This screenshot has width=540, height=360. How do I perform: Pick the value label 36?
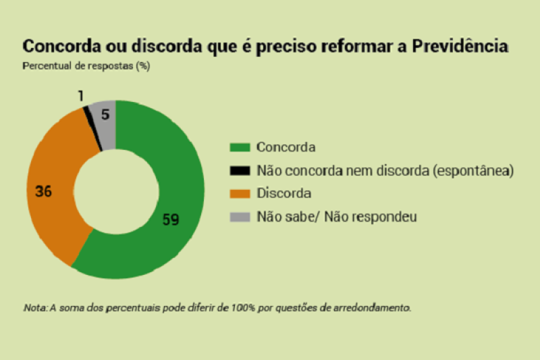[x=44, y=191]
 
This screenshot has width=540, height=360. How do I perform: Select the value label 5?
[x=105, y=115]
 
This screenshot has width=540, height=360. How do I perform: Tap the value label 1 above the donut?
[x=80, y=96]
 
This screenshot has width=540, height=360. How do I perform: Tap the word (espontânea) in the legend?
[x=466, y=170]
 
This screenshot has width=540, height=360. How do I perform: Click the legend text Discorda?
[x=283, y=194]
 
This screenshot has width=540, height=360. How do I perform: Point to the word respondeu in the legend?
[x=389, y=217]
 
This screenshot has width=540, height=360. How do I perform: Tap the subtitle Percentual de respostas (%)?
[x=86, y=66]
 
